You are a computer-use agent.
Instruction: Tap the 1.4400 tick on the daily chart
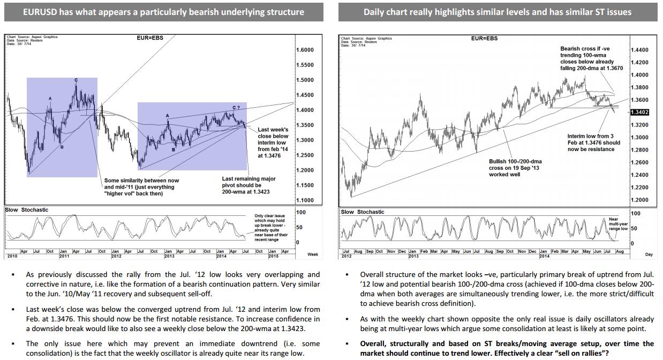coord(640,50)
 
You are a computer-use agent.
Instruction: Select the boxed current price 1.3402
coord(640,112)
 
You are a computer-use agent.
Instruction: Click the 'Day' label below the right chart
coord(649,255)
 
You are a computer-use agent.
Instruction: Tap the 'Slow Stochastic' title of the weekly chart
coord(27,209)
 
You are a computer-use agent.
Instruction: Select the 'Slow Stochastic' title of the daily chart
coord(363,212)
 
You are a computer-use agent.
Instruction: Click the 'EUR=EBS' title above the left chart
coord(150,38)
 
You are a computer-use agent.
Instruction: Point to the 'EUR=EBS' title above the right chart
coord(484,39)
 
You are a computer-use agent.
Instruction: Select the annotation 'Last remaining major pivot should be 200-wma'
coord(249,185)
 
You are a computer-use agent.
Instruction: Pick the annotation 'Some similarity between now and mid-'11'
coord(141,187)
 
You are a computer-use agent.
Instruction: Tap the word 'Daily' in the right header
coord(375,12)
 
